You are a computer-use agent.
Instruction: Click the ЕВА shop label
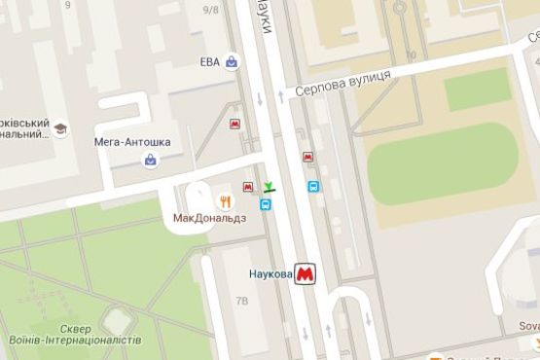(x=209, y=62)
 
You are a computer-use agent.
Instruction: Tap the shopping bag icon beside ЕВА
(x=232, y=62)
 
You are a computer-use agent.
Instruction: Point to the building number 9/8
(x=210, y=10)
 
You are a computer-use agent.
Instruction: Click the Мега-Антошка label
(x=132, y=142)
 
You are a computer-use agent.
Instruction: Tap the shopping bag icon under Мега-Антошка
(x=150, y=160)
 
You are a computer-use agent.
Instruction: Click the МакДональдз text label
(x=209, y=218)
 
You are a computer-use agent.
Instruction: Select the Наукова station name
(x=264, y=275)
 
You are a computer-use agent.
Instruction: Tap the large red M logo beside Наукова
(x=306, y=275)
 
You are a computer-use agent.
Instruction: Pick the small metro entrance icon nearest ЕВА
(x=235, y=125)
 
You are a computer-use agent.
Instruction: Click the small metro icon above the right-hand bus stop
(x=307, y=157)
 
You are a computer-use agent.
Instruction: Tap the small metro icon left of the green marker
(x=248, y=187)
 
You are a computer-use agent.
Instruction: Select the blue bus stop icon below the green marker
(x=266, y=204)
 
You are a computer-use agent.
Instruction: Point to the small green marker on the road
(x=269, y=186)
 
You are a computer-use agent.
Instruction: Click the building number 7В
(x=242, y=302)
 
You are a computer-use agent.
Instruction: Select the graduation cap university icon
(x=60, y=128)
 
